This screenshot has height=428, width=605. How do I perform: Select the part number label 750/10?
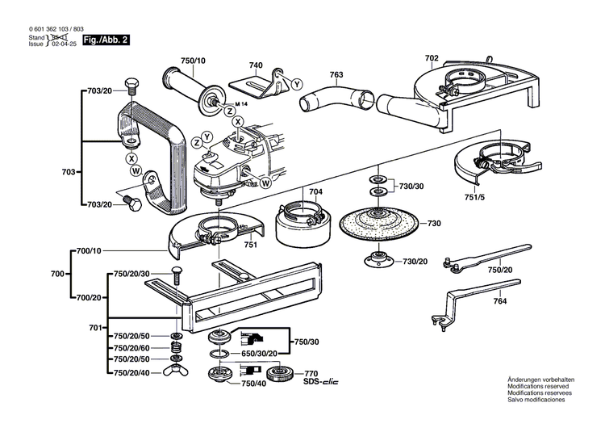[x=194, y=60]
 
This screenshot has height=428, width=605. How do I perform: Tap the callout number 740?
[x=256, y=65]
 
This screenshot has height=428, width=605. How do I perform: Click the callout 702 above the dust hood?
[x=432, y=57]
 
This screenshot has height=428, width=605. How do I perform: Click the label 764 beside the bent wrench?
[x=501, y=301]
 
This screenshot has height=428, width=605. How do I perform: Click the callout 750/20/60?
[x=131, y=347]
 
